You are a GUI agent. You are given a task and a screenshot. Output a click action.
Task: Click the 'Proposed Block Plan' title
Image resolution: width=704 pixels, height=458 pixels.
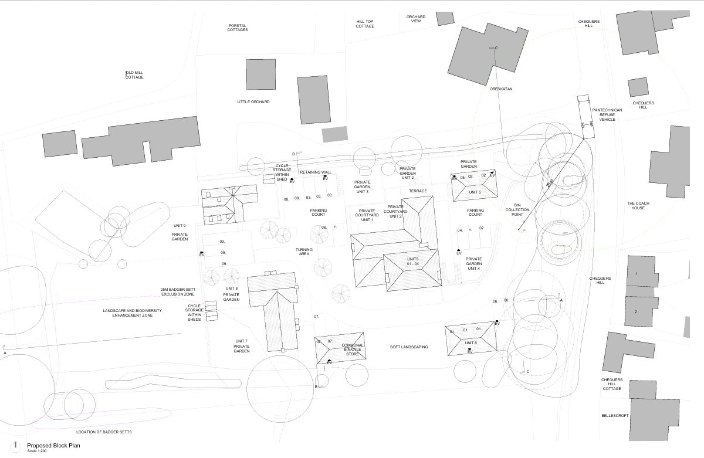53,446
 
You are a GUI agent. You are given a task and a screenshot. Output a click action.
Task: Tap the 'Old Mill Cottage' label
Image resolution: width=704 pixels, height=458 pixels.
134,75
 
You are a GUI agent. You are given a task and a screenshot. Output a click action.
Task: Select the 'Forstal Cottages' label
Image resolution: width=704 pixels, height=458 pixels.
238,28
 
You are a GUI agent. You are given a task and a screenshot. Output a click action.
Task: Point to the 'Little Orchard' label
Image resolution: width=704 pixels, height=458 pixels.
253,102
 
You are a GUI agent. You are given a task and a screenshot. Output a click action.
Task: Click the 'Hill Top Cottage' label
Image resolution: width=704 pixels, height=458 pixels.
365,24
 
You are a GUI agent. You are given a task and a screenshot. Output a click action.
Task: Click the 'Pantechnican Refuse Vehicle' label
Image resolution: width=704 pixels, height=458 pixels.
603,114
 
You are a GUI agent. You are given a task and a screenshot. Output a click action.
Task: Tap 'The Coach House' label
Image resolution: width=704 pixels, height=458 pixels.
638,205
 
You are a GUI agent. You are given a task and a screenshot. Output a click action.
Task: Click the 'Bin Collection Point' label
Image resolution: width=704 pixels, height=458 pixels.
517,210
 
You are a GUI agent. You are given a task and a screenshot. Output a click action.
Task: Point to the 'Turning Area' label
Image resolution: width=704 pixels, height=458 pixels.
304,252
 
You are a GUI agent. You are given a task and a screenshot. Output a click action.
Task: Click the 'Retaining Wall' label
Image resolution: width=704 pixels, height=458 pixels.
316,172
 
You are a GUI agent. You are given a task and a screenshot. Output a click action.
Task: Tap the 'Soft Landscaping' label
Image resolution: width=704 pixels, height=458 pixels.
409,347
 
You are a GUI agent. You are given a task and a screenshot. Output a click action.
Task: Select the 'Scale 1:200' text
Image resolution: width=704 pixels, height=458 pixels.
37,451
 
